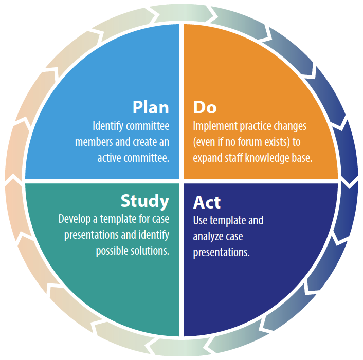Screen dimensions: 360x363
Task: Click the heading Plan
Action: pyautogui.click(x=151, y=107)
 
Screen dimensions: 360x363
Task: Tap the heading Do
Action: pyautogui.click(x=205, y=107)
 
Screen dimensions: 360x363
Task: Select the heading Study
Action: pyautogui.click(x=144, y=201)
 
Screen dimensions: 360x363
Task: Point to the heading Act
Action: pyautogui.click(x=207, y=202)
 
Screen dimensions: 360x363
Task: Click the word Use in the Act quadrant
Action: pyautogui.click(x=200, y=220)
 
